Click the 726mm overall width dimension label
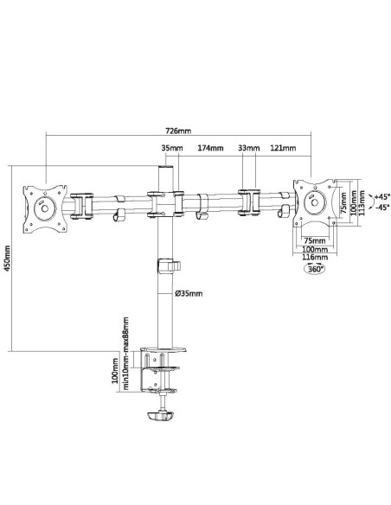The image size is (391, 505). click(178, 131)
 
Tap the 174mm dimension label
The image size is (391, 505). click(210, 148)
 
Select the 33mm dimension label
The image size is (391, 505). click(248, 148)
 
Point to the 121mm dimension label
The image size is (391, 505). click(283, 148)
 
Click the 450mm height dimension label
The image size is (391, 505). click(7, 258)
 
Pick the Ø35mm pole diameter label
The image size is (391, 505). click(189, 293)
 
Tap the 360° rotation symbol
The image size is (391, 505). click(314, 269)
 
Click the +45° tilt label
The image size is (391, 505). click(382, 196)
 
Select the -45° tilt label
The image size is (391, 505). click(382, 207)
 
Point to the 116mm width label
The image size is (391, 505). click(315, 257)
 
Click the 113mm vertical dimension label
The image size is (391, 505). click(362, 203)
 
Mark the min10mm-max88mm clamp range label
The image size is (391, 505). click(125, 354)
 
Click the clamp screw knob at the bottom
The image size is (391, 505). click(160, 415)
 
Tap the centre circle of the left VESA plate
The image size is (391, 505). click(44, 208)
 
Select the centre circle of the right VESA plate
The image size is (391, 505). click(314, 202)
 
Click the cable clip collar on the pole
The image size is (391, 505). click(169, 266)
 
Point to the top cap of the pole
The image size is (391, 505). click(165, 167)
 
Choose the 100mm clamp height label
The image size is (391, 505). click(115, 370)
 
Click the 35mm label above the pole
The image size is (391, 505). click(172, 148)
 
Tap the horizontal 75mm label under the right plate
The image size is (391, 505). click(315, 240)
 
